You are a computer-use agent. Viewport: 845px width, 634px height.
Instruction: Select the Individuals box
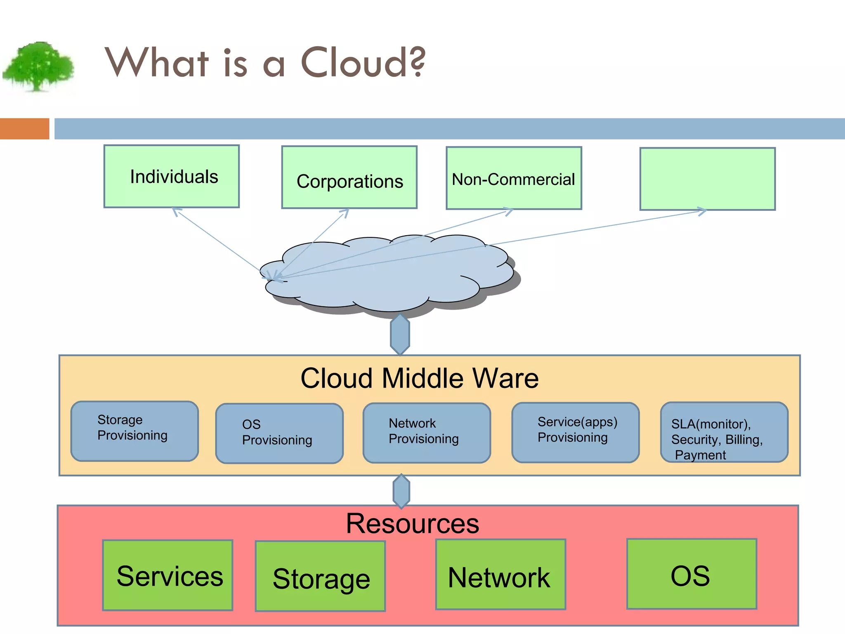click(x=172, y=176)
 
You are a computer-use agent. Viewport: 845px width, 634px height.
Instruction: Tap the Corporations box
click(x=349, y=177)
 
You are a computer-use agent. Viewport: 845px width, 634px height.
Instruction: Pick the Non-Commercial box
click(x=514, y=178)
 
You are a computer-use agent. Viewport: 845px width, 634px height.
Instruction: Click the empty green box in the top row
click(x=707, y=179)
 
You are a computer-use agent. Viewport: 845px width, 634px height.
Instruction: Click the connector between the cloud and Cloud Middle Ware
click(x=400, y=334)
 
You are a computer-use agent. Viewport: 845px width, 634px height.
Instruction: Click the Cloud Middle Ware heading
click(x=419, y=378)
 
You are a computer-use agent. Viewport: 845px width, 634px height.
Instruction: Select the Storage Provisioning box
click(x=135, y=431)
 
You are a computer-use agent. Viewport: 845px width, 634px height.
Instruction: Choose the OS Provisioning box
click(x=279, y=433)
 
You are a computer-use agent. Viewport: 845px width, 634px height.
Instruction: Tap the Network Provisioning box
click(x=427, y=433)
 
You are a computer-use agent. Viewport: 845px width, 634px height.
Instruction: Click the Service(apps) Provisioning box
click(x=575, y=432)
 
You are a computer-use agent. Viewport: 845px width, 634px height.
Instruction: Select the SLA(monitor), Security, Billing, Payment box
click(x=724, y=433)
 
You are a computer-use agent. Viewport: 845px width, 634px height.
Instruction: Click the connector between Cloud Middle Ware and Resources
click(x=401, y=491)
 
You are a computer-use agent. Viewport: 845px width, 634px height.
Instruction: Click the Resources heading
click(x=412, y=523)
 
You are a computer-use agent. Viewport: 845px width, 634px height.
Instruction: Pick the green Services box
click(x=168, y=575)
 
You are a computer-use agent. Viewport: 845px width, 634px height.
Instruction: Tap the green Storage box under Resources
click(x=320, y=576)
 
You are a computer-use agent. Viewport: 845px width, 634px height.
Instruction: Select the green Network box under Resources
click(x=500, y=575)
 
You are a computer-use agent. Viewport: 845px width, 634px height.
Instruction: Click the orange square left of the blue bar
click(x=24, y=129)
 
